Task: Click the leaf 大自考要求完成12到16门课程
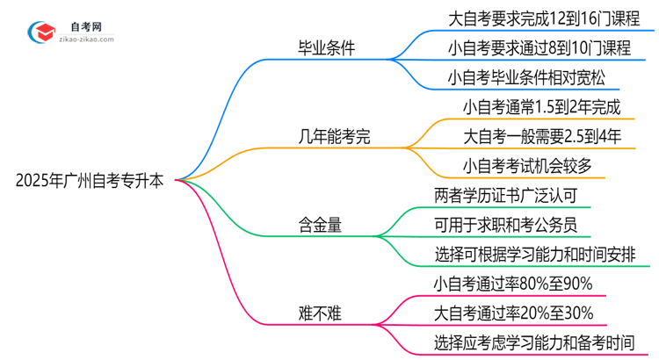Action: click(x=540, y=17)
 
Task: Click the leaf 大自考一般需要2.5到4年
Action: click(x=542, y=136)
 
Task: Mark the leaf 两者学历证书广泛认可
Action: click(x=505, y=195)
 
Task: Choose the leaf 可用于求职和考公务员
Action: click(x=505, y=225)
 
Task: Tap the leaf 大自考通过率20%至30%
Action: click(x=513, y=313)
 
